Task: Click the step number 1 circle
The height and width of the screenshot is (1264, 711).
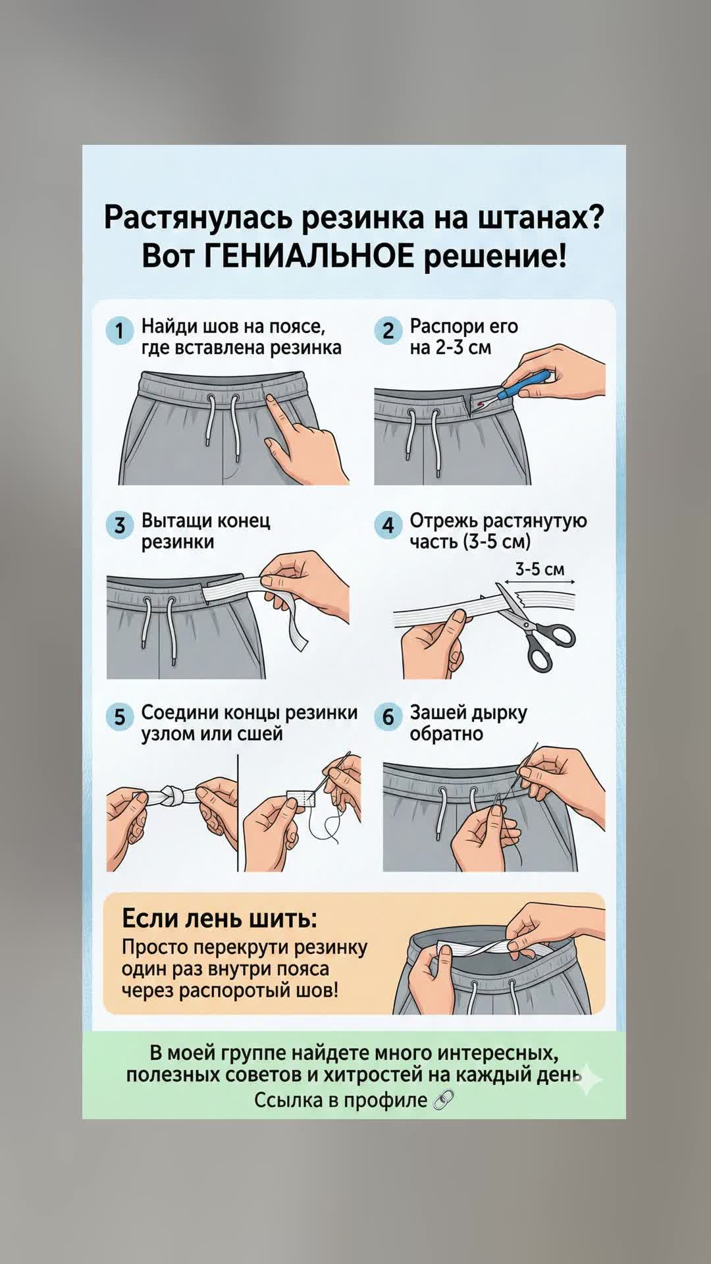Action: click(x=119, y=330)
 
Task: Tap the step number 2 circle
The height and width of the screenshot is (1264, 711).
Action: click(x=388, y=330)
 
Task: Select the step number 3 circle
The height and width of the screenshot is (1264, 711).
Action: click(x=119, y=525)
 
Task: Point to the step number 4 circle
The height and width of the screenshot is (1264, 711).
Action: click(x=388, y=525)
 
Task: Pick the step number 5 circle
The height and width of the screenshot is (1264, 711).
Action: click(x=119, y=717)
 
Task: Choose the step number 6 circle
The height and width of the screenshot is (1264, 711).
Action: click(x=388, y=717)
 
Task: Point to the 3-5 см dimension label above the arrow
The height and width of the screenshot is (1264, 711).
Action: click(x=539, y=569)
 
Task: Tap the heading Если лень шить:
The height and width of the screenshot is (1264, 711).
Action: click(x=220, y=918)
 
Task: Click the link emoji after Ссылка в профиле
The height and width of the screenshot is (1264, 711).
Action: click(x=444, y=1100)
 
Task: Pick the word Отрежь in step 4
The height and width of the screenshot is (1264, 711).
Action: click(x=444, y=521)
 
